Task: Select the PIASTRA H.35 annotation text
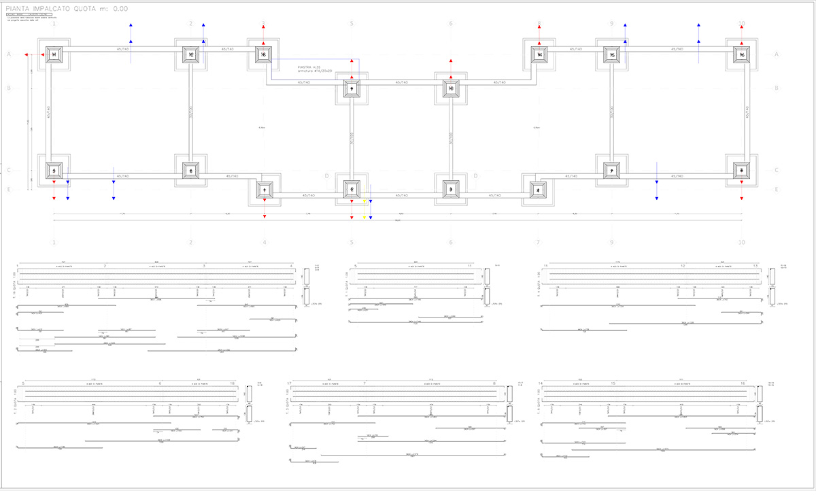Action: point(308,68)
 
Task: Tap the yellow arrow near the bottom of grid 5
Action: point(364,217)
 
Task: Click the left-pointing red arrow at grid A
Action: point(26,55)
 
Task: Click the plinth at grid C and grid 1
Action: point(54,169)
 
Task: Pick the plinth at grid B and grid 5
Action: point(352,88)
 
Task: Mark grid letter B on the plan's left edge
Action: point(9,88)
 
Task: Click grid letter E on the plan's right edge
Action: point(777,190)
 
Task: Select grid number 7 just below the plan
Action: point(537,242)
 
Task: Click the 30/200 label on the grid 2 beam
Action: point(191,113)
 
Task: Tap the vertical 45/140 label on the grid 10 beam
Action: point(747,113)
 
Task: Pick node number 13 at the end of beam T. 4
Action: point(755,267)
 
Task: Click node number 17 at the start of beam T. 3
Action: point(290,384)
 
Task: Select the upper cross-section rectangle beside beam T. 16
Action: point(306,276)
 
